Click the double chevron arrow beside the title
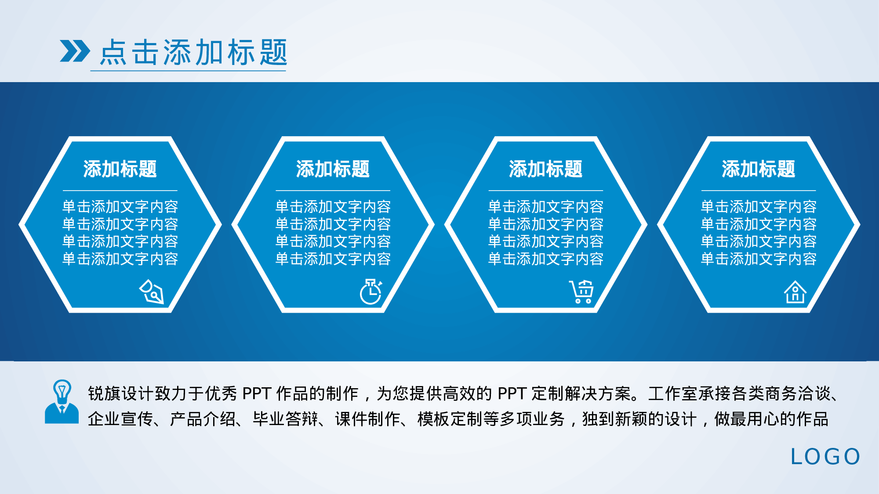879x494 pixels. click(x=75, y=51)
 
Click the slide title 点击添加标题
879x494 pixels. click(x=193, y=52)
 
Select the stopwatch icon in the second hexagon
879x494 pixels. click(x=371, y=292)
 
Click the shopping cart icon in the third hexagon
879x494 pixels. click(x=582, y=292)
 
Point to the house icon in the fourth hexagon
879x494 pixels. click(x=795, y=292)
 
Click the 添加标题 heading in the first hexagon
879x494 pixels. click(x=120, y=169)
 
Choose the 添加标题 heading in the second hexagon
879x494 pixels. click(x=333, y=169)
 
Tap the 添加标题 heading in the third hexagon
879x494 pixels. click(x=545, y=169)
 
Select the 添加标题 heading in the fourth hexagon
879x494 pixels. click(x=758, y=169)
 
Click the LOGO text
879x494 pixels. click(x=825, y=457)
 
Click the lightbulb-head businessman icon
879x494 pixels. click(x=62, y=402)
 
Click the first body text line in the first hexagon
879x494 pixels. click(x=120, y=207)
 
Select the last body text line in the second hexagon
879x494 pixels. click(x=333, y=259)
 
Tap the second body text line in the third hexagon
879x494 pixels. click(x=545, y=224)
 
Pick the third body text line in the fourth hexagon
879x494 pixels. click(x=758, y=242)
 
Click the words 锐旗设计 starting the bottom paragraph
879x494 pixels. click(x=120, y=393)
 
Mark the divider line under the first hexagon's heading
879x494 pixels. click(x=120, y=191)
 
